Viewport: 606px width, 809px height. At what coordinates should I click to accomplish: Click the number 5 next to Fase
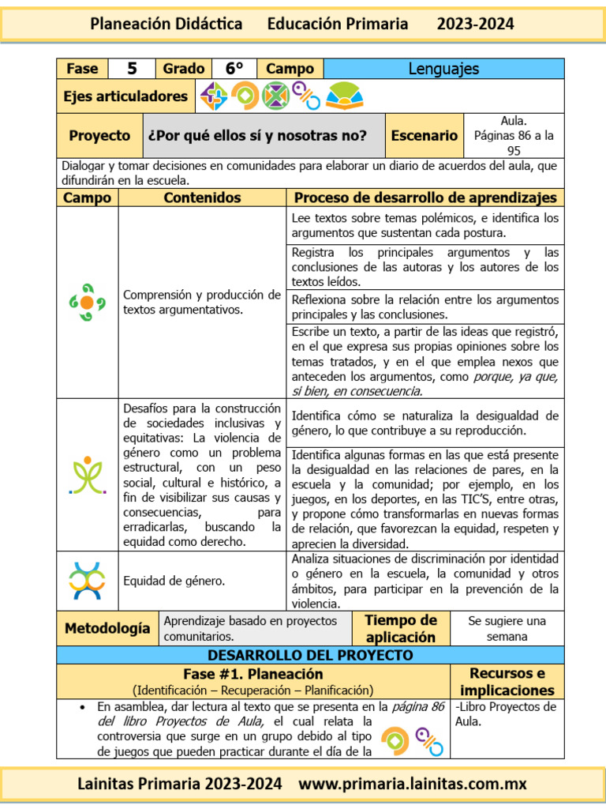click(133, 69)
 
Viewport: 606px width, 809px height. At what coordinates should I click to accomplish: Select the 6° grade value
click(234, 69)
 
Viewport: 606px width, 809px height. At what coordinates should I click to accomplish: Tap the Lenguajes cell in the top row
click(443, 69)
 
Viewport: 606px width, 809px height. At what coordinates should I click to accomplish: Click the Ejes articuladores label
click(126, 96)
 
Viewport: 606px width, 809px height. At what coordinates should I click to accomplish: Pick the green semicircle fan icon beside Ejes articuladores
click(345, 96)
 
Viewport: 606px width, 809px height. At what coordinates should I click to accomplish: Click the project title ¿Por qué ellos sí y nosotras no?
click(257, 136)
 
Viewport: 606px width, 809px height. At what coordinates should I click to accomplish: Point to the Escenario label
click(424, 136)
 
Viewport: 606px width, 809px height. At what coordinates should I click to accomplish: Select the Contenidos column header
click(202, 198)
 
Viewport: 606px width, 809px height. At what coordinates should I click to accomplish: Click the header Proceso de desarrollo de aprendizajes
click(425, 198)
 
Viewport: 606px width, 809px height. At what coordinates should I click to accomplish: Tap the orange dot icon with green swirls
click(87, 303)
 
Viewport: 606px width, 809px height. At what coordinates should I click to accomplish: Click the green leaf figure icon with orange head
click(87, 474)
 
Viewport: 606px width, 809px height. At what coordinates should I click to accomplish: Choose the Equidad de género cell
click(174, 581)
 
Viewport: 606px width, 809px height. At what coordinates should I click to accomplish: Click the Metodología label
click(107, 629)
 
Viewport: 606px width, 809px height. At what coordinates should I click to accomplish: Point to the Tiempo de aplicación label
click(400, 629)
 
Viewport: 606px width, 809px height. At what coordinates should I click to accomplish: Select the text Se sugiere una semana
click(507, 629)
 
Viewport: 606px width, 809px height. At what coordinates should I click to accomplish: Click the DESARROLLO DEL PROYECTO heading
click(310, 656)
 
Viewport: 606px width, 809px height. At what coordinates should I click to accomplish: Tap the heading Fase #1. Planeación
click(253, 674)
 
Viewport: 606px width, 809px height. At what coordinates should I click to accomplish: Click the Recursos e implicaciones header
click(507, 681)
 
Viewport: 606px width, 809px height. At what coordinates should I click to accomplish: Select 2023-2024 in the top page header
click(475, 24)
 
